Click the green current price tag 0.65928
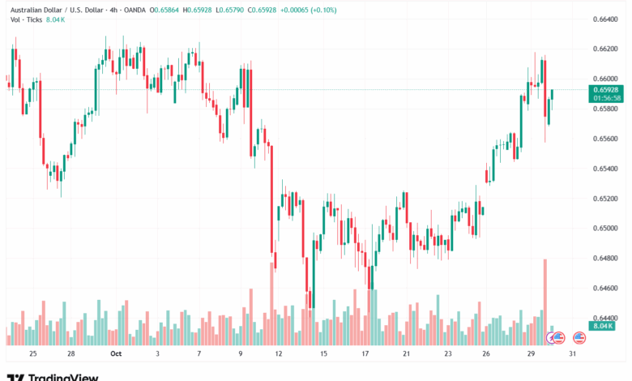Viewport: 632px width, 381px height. pyautogui.click(x=607, y=89)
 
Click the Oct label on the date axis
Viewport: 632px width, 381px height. pyautogui.click(x=115, y=353)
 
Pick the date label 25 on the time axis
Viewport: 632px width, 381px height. pyautogui.click(x=33, y=353)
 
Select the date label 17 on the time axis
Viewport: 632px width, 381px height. pyautogui.click(x=365, y=353)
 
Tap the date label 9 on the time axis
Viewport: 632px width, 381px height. pyautogui.click(x=241, y=353)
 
